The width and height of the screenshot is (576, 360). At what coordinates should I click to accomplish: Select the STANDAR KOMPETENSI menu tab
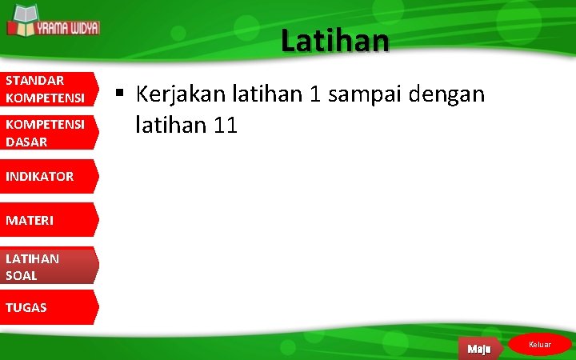click(46, 89)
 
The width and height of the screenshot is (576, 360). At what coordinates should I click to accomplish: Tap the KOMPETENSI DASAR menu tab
click(46, 133)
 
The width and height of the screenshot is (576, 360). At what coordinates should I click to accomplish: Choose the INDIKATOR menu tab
click(46, 176)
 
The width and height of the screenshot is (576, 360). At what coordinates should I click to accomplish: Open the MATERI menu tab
click(46, 219)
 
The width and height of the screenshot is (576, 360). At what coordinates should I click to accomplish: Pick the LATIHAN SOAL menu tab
click(46, 266)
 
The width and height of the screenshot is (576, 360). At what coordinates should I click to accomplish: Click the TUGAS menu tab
click(46, 307)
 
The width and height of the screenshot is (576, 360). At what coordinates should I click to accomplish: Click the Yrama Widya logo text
click(67, 27)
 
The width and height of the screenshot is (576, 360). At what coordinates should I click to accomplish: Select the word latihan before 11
click(170, 125)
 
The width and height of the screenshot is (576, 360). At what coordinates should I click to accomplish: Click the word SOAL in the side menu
click(22, 275)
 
